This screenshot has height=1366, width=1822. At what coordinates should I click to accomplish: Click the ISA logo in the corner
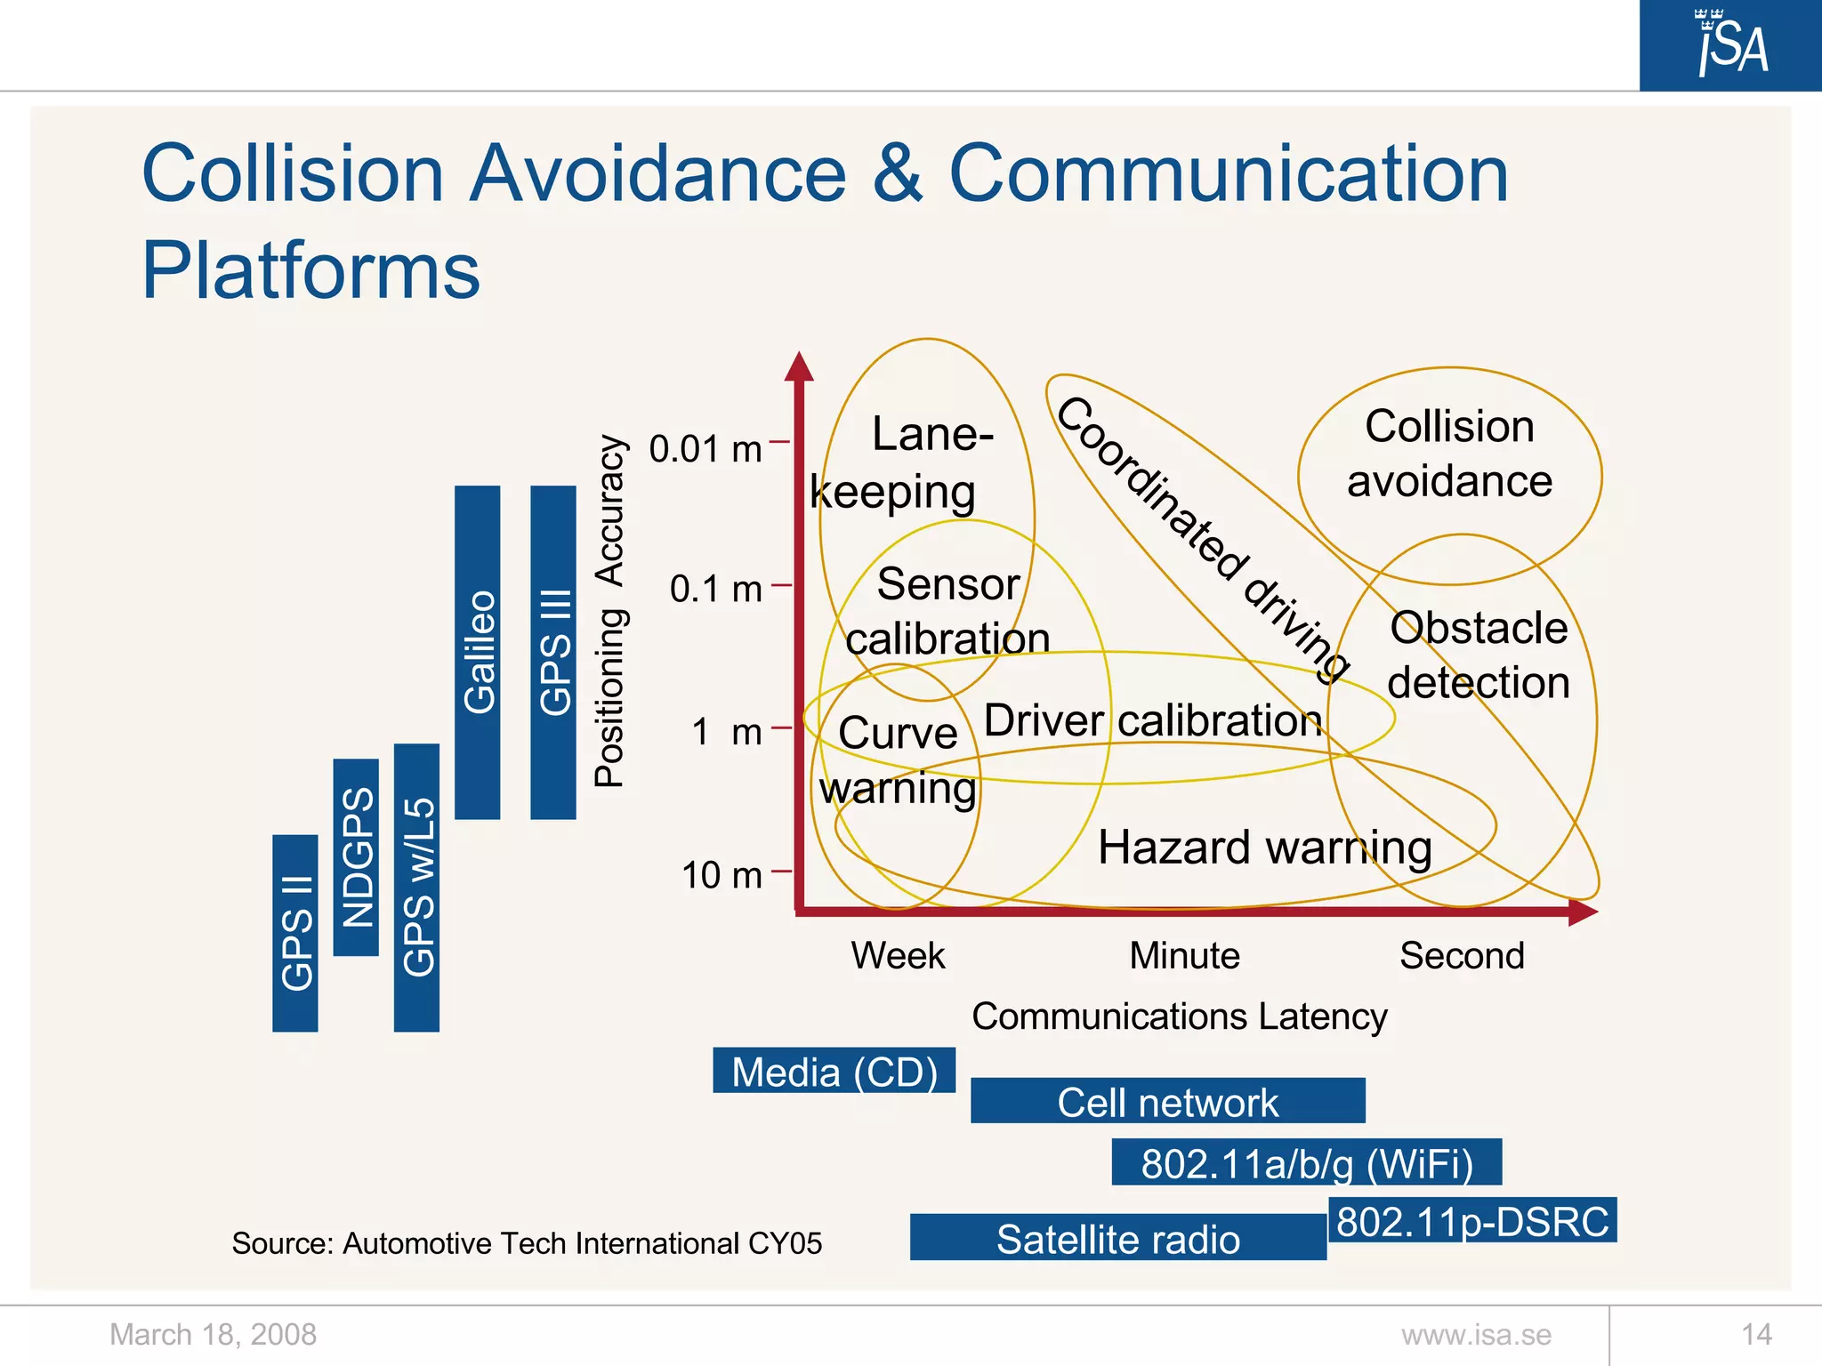[1730, 45]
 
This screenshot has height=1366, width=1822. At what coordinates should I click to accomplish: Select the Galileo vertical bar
[478, 652]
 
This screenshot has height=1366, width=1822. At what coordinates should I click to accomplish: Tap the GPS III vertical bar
[553, 652]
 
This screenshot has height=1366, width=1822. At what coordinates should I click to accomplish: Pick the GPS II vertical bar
[295, 933]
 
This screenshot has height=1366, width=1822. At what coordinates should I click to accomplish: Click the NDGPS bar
[356, 857]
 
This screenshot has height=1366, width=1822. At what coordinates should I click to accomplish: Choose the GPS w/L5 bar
[416, 888]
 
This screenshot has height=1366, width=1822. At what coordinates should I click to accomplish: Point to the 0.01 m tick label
[705, 449]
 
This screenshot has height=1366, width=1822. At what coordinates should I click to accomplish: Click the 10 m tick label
[722, 875]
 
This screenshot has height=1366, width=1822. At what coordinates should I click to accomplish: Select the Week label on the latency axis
[898, 956]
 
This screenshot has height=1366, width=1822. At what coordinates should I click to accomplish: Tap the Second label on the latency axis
[1462, 956]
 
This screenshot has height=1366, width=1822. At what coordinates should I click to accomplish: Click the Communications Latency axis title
[1179, 1016]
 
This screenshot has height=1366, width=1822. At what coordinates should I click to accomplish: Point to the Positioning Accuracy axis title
[610, 611]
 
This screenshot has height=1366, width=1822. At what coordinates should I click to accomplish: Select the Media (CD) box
[834, 1071]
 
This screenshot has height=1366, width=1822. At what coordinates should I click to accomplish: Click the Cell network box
[1167, 1102]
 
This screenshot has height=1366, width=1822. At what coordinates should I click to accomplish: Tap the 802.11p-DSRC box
[1472, 1221]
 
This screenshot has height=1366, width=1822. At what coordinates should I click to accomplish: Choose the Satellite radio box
[1117, 1238]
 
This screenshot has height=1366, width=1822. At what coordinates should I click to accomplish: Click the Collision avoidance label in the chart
[1449, 454]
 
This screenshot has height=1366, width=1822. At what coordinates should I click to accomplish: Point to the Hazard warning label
[1264, 847]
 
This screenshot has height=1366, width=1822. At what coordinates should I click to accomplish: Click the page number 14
[1756, 1335]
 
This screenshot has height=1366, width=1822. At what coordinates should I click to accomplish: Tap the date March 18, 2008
[213, 1335]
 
